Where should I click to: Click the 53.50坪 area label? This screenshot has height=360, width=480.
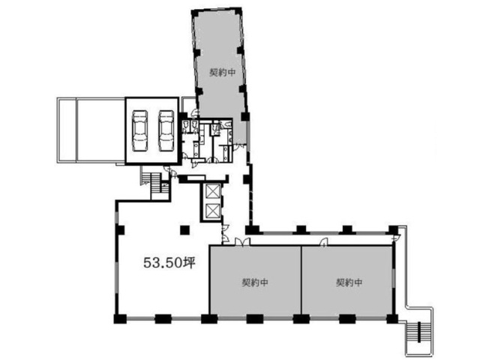[169, 262]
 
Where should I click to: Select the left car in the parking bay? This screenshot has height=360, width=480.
[140, 131]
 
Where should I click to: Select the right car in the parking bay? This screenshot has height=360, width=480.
[166, 131]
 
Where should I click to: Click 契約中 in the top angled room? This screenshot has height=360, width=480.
[222, 72]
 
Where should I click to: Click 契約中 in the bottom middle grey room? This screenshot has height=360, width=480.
[255, 282]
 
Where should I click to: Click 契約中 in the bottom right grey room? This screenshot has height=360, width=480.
[349, 282]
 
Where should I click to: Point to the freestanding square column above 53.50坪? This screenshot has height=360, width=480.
[184, 230]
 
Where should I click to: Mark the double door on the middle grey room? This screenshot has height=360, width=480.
[242, 241]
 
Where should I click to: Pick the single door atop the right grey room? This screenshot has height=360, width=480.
[323, 242]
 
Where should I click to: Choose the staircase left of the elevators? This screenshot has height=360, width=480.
[156, 183]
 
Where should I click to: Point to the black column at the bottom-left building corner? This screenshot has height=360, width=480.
[120, 319]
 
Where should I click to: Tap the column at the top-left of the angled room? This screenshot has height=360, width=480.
[194, 13]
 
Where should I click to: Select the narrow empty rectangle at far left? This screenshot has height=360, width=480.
[67, 130]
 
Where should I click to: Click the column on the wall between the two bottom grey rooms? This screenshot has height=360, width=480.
[301, 319]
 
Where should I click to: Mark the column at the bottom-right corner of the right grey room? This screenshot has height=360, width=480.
[392, 319]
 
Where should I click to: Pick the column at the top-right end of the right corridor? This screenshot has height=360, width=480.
[393, 230]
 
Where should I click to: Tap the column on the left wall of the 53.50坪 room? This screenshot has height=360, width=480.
[120, 230]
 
